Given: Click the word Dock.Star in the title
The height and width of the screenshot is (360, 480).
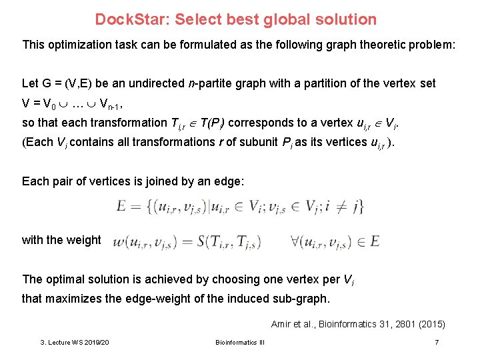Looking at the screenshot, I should tap(132, 19).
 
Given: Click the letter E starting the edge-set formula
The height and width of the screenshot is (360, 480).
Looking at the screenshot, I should tap(122, 207).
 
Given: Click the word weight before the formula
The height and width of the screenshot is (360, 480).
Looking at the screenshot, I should tap(83, 240).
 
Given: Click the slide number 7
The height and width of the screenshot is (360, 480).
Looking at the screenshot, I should tap(436, 342).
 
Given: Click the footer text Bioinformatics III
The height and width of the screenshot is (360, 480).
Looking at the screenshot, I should tap(239, 343).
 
